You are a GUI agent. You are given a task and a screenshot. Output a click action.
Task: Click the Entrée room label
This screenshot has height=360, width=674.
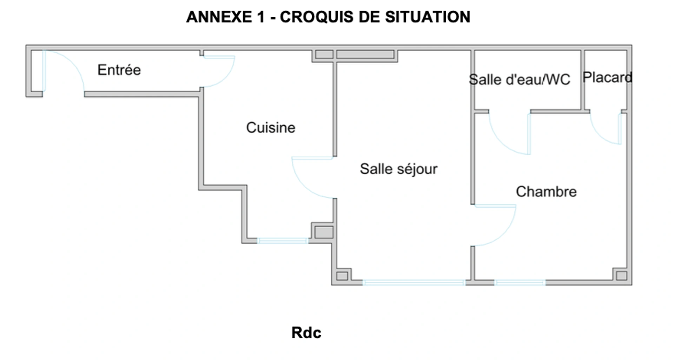click(x=119, y=70)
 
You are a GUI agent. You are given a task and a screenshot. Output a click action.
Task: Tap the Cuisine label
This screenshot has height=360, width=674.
click(x=271, y=127)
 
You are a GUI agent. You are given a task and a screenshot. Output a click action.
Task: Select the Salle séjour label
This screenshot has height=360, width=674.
click(x=398, y=169)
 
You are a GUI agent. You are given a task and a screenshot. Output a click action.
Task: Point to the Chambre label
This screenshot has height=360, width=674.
click(x=546, y=192)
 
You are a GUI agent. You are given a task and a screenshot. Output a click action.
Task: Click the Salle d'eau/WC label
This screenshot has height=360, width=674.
click(x=519, y=80)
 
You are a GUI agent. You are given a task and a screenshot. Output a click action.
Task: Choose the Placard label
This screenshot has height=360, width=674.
click(x=607, y=77)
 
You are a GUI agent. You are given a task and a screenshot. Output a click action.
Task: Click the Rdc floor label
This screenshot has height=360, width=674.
click(x=306, y=333)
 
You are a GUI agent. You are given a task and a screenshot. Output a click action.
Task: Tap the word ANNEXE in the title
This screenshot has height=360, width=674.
click(x=219, y=17)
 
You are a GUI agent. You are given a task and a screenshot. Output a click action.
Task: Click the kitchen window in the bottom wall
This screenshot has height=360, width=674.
click(x=283, y=241)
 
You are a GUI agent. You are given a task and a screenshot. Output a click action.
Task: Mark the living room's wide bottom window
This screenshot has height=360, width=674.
click(x=414, y=282)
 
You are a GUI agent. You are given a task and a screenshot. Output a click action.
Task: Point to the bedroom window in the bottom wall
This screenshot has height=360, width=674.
click(x=520, y=282)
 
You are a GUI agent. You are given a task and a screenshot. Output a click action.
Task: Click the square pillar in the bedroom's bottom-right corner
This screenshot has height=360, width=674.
click(x=621, y=276)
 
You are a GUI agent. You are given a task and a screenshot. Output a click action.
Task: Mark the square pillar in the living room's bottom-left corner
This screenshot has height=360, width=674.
click(x=342, y=276)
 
